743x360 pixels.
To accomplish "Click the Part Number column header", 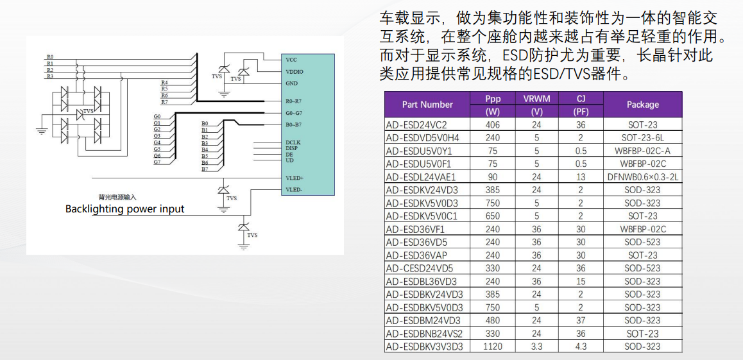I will pos(427,105).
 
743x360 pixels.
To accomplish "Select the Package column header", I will pos(642,105).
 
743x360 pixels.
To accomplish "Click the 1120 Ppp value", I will pos(493,347).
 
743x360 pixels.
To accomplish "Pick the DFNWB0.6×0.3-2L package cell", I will pos(642,177).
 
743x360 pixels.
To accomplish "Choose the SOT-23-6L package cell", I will pos(642,138).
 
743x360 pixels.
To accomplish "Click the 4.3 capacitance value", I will pos(581,347).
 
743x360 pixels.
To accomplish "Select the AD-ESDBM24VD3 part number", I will pos(423,320).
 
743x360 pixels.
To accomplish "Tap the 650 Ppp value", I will pos(493,216).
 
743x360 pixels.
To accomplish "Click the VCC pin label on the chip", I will pos(291,60).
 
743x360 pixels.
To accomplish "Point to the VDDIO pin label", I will pos(295,72).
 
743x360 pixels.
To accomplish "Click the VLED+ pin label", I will pos(295,177).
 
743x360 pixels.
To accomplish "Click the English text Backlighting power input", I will pos(124,209).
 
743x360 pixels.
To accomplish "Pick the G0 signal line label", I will pos(157,117).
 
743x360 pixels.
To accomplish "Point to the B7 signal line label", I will pos(205,169).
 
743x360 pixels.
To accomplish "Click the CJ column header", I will pos(581,99).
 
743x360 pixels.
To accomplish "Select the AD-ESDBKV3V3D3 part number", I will pos(424,347).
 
